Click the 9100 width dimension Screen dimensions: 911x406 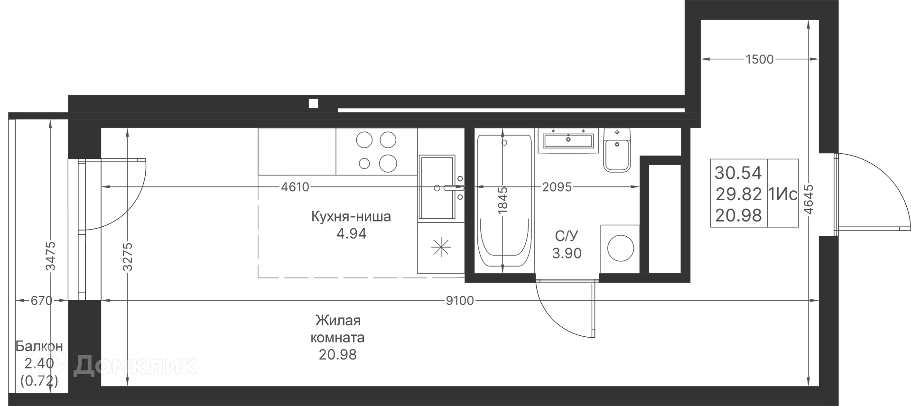[460, 301]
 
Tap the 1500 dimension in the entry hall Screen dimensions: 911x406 [760, 59]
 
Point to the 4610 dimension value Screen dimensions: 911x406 [295, 187]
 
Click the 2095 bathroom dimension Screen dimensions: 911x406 [557, 187]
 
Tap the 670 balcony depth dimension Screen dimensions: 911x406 [41, 301]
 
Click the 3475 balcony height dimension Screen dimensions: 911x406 [51, 256]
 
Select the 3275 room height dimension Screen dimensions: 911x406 [127, 257]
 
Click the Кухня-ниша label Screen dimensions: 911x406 [351, 217]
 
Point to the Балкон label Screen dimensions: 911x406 [39, 346]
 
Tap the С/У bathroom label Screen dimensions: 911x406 [567, 236]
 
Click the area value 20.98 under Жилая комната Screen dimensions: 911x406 [338, 354]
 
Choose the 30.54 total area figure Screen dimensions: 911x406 [738, 173]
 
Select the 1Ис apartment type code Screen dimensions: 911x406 [783, 194]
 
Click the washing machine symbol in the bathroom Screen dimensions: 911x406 [620, 249]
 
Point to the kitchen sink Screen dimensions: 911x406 [437, 188]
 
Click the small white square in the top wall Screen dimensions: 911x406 [313, 103]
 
